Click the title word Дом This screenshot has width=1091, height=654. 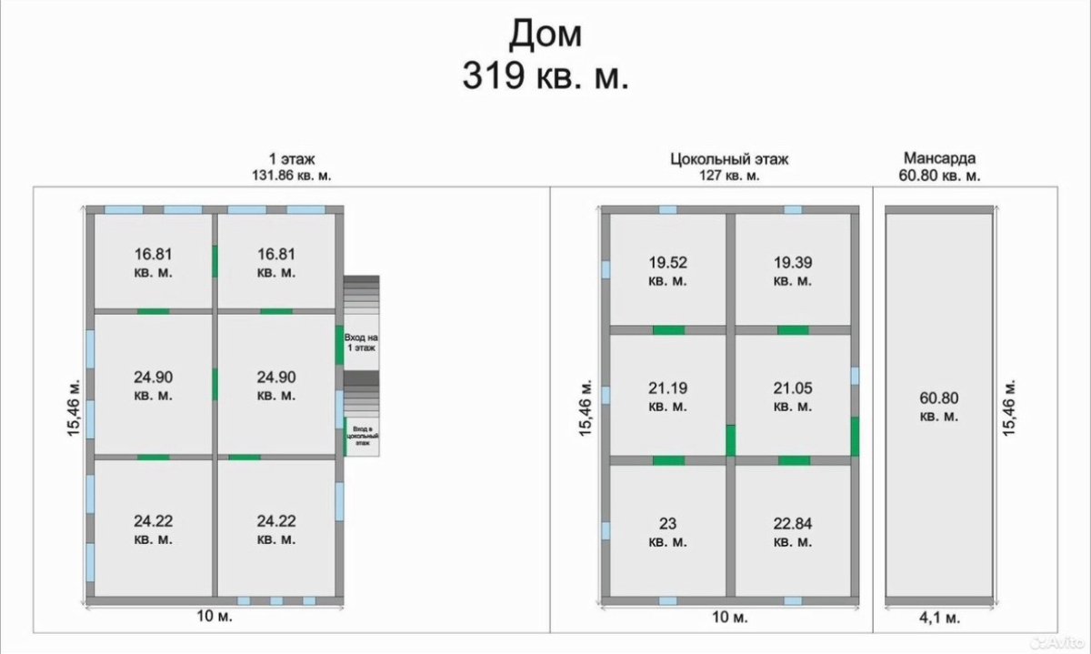coord(545,35)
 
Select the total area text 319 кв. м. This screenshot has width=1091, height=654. coord(545,76)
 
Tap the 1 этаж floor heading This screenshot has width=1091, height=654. coord(292,159)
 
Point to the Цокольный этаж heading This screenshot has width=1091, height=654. coord(729,159)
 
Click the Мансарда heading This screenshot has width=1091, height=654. coord(939,158)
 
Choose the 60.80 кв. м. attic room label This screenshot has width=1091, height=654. coord(939,407)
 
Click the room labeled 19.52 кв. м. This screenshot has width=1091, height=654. coord(667,271)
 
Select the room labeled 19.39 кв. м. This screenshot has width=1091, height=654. coord(793,271)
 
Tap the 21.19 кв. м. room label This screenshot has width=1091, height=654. coord(667,397)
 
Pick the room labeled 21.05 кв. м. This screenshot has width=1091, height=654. coord(793,397)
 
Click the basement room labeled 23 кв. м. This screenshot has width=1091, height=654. coord(667,533)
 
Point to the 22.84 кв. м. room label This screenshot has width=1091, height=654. coord(793,533)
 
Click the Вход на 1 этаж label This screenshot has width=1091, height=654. coord(362,343)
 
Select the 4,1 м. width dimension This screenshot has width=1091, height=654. coord(939,618)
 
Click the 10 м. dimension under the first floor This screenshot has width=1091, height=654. coord(215,616)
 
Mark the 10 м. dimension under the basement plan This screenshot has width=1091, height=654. coord(729,618)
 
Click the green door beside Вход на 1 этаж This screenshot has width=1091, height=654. coord(339,345)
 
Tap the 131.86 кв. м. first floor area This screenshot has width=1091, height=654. coord(291,176)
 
